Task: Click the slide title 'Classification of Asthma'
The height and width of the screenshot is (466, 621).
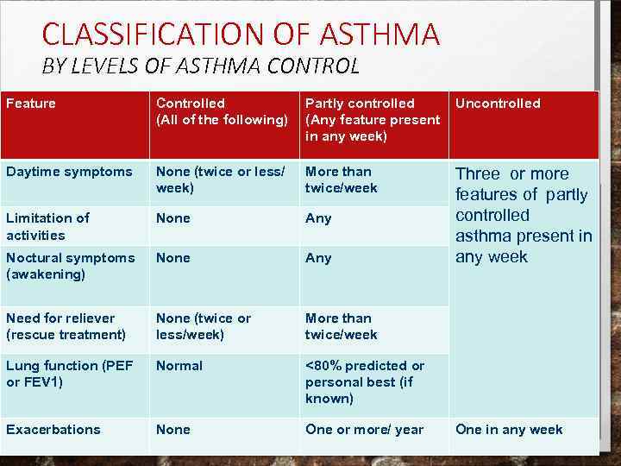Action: pyautogui.click(x=241, y=34)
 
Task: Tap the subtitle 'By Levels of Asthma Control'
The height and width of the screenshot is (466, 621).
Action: pyautogui.click(x=200, y=66)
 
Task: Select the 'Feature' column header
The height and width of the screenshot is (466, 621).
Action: pyautogui.click(x=31, y=104)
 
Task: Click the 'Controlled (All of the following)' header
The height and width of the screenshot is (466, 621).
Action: pyautogui.click(x=222, y=111)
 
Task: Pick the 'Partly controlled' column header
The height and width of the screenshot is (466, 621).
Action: pyautogui.click(x=372, y=120)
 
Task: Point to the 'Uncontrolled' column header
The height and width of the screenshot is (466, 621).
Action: pyautogui.click(x=498, y=104)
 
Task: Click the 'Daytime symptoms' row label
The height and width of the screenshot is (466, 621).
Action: pyautogui.click(x=70, y=172)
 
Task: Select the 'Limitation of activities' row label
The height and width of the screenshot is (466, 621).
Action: pyautogui.click(x=47, y=226)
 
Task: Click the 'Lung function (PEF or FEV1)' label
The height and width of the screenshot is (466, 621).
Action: pyautogui.click(x=70, y=374)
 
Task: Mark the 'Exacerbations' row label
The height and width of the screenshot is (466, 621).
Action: pyautogui.click(x=53, y=430)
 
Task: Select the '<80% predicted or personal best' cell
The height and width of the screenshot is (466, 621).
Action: pyautogui.click(x=365, y=382)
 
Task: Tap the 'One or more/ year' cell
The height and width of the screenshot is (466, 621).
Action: pyautogui.click(x=364, y=430)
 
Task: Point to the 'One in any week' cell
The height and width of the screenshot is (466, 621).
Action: pyautogui.click(x=509, y=430)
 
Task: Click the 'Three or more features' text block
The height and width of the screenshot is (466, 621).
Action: pyautogui.click(x=524, y=215)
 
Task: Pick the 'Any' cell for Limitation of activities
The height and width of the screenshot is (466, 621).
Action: pyautogui.click(x=318, y=218)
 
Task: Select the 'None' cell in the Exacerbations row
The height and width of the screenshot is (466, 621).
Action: pyautogui.click(x=173, y=430)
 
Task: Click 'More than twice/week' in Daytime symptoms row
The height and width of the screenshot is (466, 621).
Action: pyautogui.click(x=342, y=179)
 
